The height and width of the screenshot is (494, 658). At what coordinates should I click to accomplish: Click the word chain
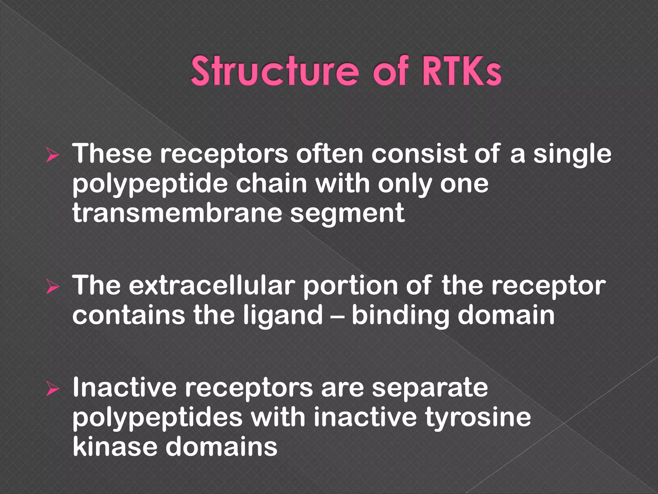tap(271, 184)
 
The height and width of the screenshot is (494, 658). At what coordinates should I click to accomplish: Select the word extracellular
tap(212, 286)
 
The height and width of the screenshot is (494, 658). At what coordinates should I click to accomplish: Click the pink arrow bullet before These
tap(53, 155)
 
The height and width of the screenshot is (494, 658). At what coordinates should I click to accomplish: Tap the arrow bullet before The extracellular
tap(53, 287)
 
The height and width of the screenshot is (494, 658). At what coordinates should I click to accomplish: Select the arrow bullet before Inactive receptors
tap(53, 389)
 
